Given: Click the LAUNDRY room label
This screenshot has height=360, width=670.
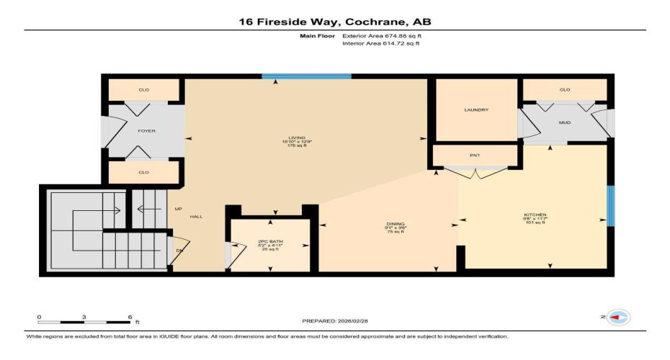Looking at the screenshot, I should (476, 110).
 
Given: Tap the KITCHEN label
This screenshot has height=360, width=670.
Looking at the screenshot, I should (535, 215).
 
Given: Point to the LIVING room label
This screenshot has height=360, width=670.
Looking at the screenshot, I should (297, 138).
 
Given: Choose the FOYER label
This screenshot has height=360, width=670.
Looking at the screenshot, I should (146, 131).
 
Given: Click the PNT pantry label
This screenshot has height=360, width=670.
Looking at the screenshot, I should (475, 156).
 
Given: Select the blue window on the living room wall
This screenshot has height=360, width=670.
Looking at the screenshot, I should (306, 76).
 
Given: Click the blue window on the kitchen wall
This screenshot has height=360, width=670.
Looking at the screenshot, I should (610, 207).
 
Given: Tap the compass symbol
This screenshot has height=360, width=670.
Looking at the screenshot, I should (617, 317).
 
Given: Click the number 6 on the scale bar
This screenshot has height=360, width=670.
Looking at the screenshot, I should (130, 317).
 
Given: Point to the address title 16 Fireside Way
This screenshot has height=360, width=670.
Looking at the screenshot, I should (335, 22).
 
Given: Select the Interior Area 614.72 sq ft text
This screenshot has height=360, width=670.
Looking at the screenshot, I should (380, 44).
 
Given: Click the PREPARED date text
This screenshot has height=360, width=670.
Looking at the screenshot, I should (335, 320).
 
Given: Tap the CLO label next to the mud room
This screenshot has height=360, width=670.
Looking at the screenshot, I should (564, 90).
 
